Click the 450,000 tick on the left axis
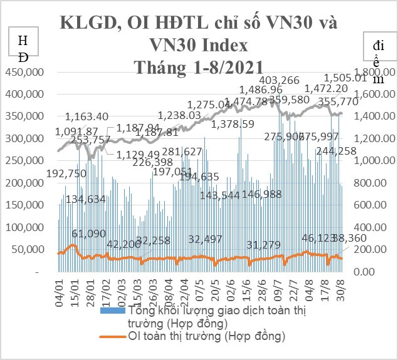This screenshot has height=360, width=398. click(x=24, y=72)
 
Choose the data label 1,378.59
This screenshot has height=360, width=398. click(x=233, y=125)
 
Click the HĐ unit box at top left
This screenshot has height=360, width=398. click(x=23, y=49)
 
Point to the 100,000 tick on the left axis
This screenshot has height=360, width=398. click(x=24, y=227)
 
